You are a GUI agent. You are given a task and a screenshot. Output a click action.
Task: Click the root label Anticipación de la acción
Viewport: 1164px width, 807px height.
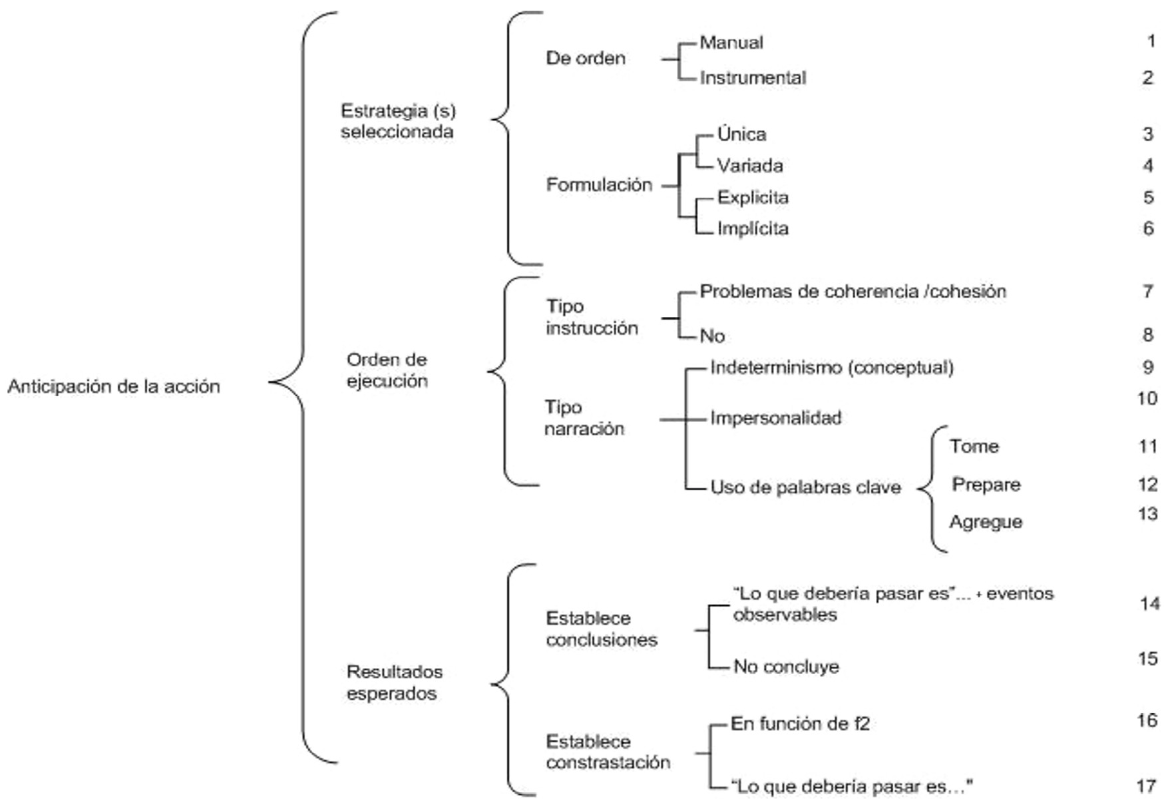click(114, 387)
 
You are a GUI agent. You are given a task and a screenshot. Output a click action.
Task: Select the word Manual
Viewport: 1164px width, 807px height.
click(731, 43)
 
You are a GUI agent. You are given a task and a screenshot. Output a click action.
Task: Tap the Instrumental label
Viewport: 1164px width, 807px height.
click(753, 78)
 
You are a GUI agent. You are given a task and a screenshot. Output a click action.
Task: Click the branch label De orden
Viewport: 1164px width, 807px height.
click(586, 59)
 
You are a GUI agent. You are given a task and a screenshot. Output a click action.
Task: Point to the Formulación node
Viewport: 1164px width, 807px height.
click(599, 184)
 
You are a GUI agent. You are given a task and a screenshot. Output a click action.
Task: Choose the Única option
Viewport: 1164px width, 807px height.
click(741, 134)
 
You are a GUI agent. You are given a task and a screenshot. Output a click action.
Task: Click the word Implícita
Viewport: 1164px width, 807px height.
click(753, 228)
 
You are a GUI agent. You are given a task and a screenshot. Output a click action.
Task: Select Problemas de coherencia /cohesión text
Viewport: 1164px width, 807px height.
click(853, 292)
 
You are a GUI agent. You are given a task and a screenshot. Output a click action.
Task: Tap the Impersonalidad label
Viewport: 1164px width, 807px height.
click(776, 417)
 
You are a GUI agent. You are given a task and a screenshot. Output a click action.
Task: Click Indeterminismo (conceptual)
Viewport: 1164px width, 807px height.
click(832, 368)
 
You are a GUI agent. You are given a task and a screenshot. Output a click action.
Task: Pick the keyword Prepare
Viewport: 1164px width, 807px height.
click(986, 484)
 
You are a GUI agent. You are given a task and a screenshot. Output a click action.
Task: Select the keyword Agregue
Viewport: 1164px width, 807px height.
click(986, 522)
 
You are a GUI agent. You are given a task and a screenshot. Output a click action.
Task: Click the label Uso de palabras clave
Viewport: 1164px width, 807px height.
click(805, 487)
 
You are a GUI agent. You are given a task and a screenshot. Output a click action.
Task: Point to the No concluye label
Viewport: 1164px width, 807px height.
click(786, 667)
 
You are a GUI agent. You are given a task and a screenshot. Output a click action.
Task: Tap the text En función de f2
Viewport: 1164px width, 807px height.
click(800, 724)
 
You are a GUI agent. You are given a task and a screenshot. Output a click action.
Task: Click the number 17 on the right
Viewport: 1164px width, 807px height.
click(1146, 786)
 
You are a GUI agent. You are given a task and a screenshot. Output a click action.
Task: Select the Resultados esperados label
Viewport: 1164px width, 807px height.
click(393, 682)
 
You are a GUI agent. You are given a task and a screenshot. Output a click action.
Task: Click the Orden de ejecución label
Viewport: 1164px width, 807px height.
click(387, 370)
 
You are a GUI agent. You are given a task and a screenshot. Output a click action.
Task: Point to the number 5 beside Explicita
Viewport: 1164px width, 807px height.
click(1148, 197)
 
